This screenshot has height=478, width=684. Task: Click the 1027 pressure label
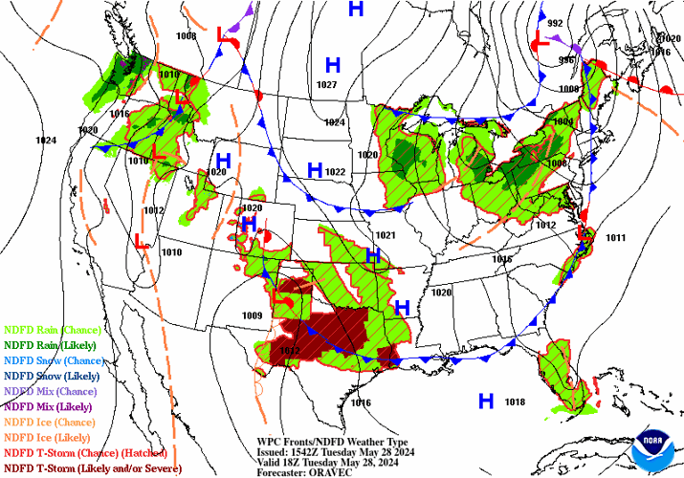[326, 85]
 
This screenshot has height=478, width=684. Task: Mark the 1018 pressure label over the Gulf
[515, 402]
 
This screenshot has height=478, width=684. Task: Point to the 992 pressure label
[555, 23]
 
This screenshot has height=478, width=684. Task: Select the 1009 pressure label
[252, 316]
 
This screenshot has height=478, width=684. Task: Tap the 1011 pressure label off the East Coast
[615, 237]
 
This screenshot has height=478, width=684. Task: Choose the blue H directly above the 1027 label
[333, 65]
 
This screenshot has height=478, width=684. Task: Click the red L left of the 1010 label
[140, 241]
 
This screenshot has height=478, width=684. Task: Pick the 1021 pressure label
[386, 235]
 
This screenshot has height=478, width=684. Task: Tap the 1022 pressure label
[334, 172]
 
